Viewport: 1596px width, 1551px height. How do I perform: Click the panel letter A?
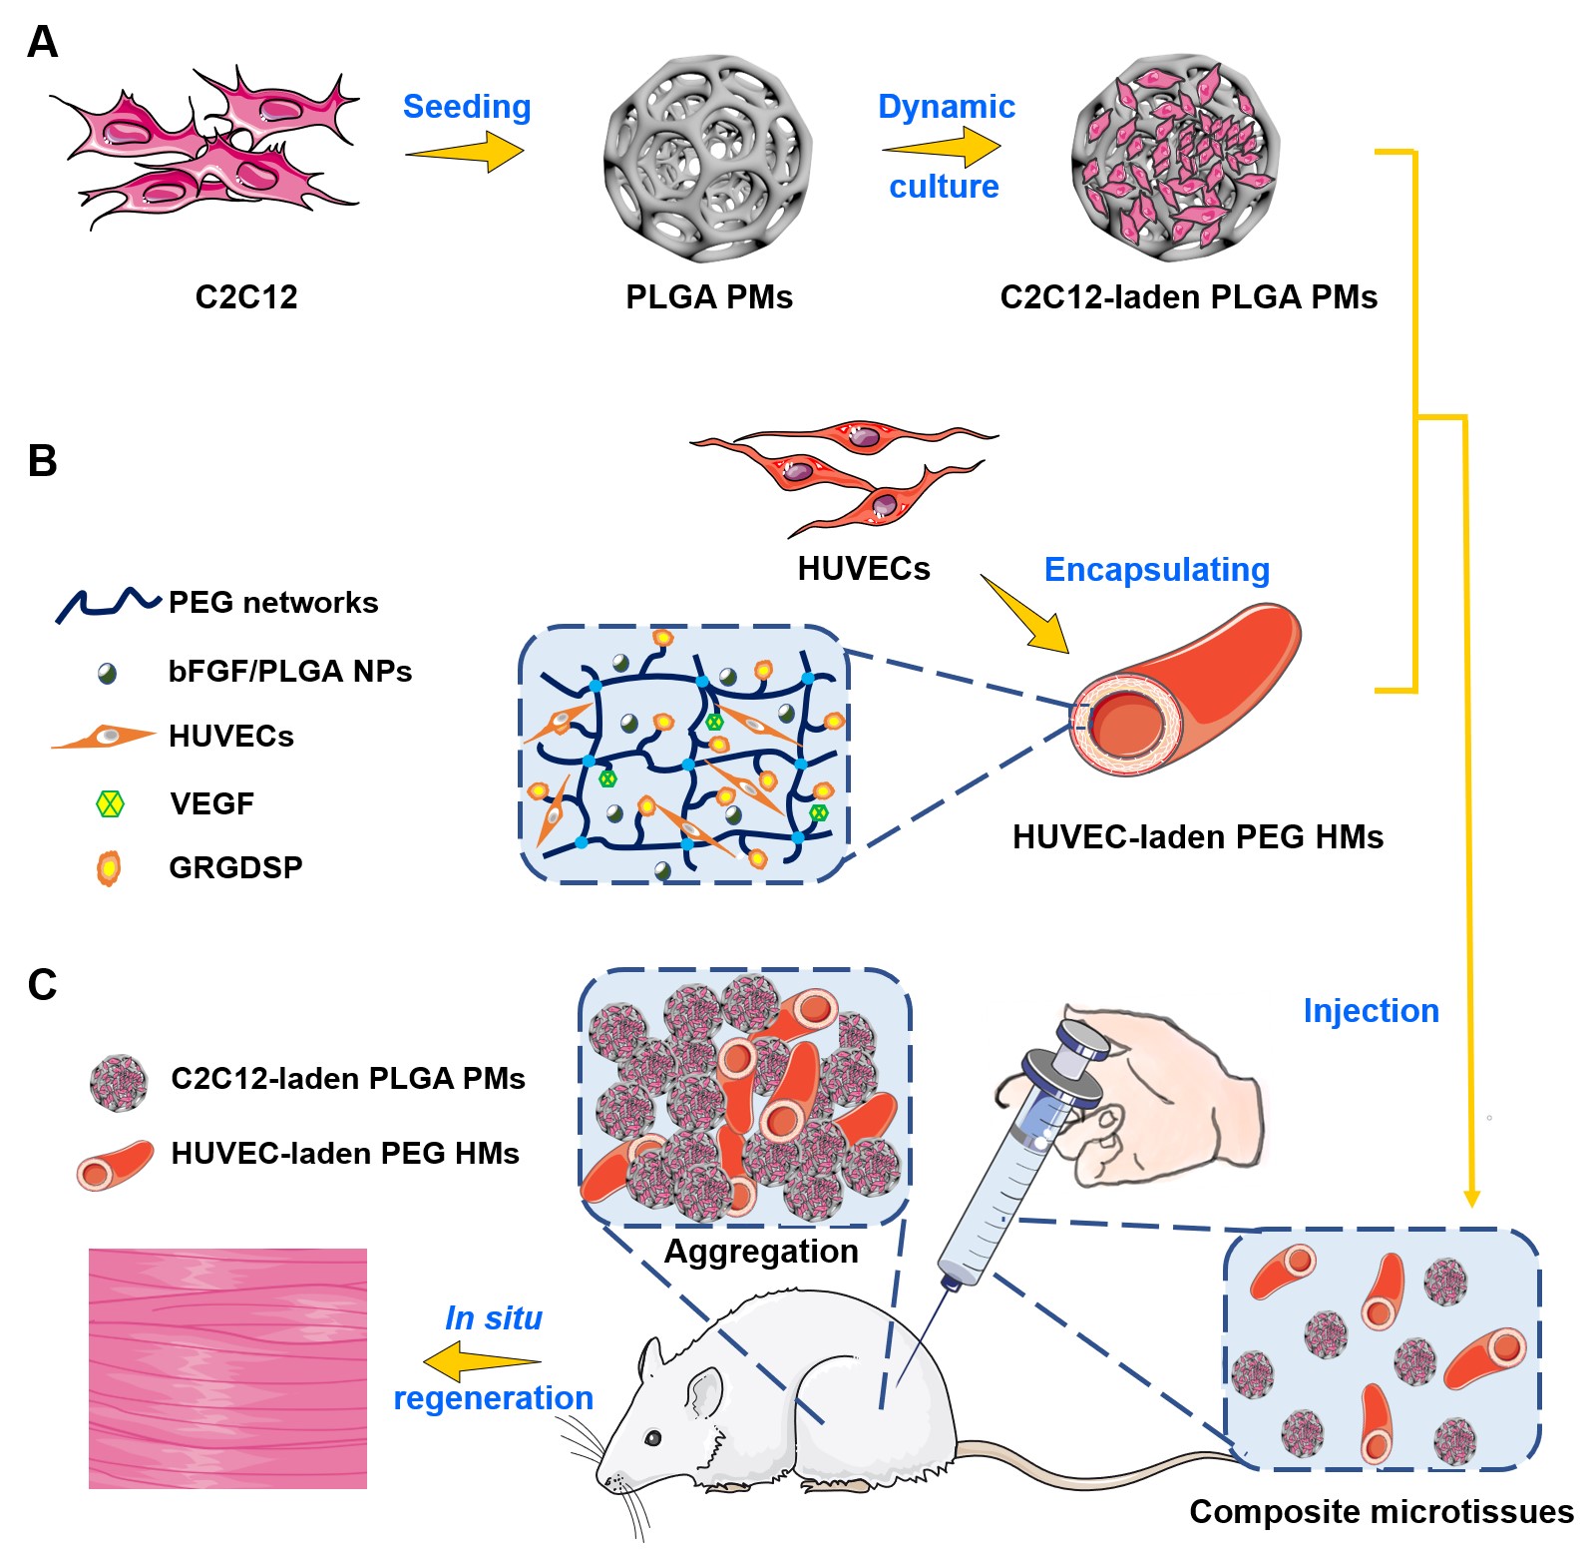pos(42,42)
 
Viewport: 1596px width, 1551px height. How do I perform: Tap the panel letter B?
pos(42,461)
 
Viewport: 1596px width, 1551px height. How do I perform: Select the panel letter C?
pos(42,985)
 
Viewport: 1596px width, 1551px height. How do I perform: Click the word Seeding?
pos(467,107)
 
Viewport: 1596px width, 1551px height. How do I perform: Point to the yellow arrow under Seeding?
pos(465,153)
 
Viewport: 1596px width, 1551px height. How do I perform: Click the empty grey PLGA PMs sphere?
pos(707,159)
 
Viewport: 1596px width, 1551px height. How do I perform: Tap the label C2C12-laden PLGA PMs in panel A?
pos(1188,297)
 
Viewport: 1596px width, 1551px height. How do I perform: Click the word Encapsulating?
pos(1156,570)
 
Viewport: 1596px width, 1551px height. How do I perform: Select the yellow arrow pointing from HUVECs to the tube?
pos(1024,615)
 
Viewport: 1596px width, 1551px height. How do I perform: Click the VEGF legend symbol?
pos(110,803)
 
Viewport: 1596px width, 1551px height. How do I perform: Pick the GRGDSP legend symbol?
pos(109,867)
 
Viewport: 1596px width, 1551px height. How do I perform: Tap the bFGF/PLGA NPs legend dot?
pos(108,674)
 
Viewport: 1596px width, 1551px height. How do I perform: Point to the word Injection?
pos(1371,1011)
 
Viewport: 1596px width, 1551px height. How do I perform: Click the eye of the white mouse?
pos(652,1438)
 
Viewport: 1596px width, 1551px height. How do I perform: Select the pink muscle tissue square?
pos(227,1368)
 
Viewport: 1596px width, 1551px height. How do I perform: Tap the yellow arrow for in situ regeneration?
pos(482,1361)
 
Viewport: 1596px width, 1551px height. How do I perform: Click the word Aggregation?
pos(761,1252)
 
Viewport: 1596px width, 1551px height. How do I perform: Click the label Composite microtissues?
pos(1382,1512)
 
